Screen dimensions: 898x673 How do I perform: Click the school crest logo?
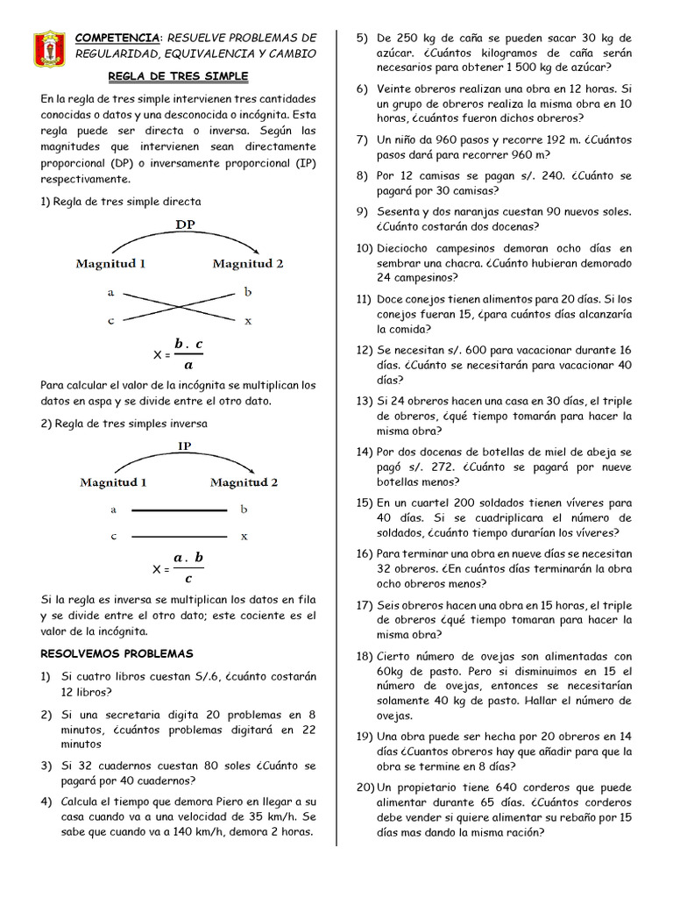pyautogui.click(x=48, y=50)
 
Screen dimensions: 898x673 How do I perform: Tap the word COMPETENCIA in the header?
pyautogui.click(x=118, y=38)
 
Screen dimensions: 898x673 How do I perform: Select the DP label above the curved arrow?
pyautogui.click(x=185, y=224)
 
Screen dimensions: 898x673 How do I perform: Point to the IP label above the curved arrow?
pyautogui.click(x=185, y=445)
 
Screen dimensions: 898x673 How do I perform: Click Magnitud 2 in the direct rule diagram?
pyautogui.click(x=247, y=263)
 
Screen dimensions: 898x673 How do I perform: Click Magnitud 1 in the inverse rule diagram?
pyautogui.click(x=113, y=482)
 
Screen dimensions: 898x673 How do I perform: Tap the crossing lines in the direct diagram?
pyautogui.click(x=179, y=306)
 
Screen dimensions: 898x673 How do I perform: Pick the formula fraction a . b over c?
pyautogui.click(x=188, y=568)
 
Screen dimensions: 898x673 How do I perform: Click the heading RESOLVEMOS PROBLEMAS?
pyautogui.click(x=117, y=654)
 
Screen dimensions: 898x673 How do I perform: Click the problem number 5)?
pyautogui.click(x=362, y=38)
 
